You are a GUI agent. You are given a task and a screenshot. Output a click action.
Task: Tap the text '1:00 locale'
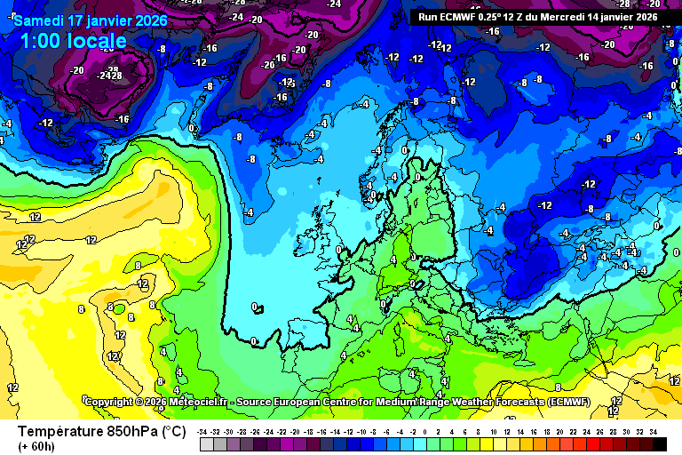[73, 41]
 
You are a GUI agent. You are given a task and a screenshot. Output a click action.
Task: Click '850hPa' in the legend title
[134, 431]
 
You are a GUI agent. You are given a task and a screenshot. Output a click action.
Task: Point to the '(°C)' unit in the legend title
[172, 431]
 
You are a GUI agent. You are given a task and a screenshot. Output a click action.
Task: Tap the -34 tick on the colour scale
[203, 431]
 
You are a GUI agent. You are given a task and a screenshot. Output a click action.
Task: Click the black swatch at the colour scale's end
[659, 443]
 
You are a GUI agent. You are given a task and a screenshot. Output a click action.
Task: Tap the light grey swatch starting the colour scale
[207, 443]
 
